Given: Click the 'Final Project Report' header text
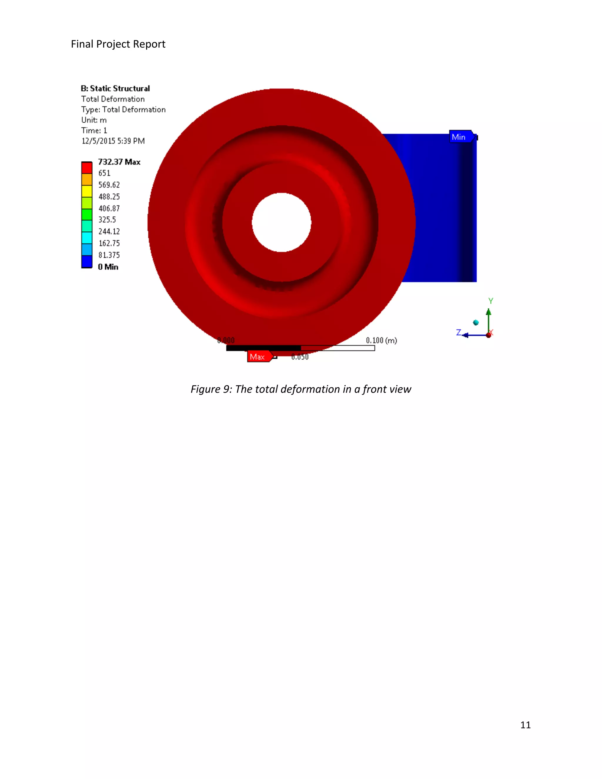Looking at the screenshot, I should coord(118,44).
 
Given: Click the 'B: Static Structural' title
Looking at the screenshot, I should coord(115,88).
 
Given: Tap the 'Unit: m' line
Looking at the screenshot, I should coord(94,120).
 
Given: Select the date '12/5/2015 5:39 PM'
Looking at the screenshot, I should coord(113,141).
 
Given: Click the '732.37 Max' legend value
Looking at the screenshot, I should coord(119,162).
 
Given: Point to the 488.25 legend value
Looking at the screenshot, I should coord(109,197).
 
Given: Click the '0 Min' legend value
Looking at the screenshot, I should coord(108,267).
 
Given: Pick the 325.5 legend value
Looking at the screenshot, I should coord(107,220).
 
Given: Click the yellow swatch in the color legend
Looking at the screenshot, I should coord(87,191).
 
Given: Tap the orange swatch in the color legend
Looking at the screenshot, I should coord(87,179).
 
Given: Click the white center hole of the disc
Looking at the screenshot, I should coord(281,222).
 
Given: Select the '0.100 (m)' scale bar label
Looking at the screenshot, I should coord(381,340).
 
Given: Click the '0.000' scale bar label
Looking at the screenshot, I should coord(226,340).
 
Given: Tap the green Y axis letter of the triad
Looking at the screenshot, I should coord(491,301).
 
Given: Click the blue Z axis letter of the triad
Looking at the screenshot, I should coord(459,332).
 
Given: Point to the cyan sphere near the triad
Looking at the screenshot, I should coord(476,322).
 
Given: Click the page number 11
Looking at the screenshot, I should coord(525,725).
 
